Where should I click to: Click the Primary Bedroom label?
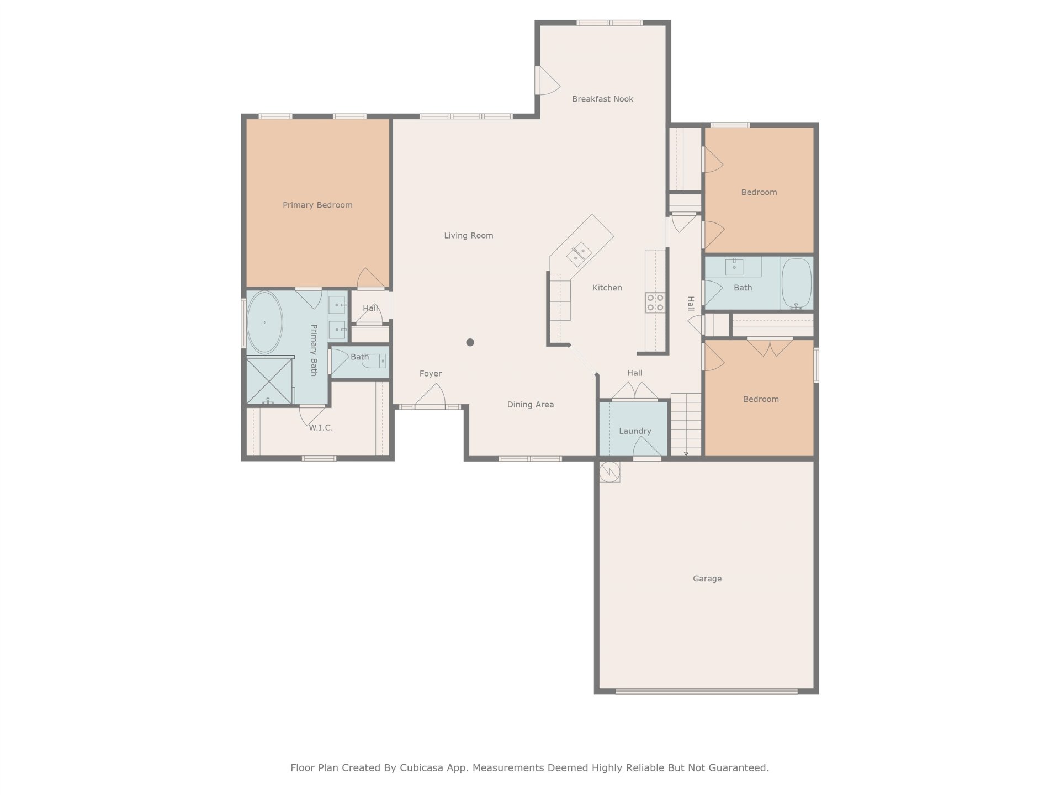[x=317, y=205]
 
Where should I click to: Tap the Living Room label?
[x=469, y=236]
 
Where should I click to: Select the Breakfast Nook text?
[x=603, y=99]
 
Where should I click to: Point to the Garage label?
[x=707, y=579]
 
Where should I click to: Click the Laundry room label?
[x=635, y=431]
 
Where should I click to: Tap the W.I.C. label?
[x=321, y=428]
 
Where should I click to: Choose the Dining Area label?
[x=531, y=405]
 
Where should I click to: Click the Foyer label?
[x=431, y=374]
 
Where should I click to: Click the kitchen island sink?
[x=580, y=254]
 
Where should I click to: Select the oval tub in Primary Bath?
[x=264, y=322]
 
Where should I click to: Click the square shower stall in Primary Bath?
[x=269, y=381]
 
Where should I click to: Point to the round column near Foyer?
[x=470, y=342]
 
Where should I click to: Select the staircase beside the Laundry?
[x=686, y=425]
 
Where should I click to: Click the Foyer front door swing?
[x=430, y=395]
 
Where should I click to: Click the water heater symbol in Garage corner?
[x=610, y=471]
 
